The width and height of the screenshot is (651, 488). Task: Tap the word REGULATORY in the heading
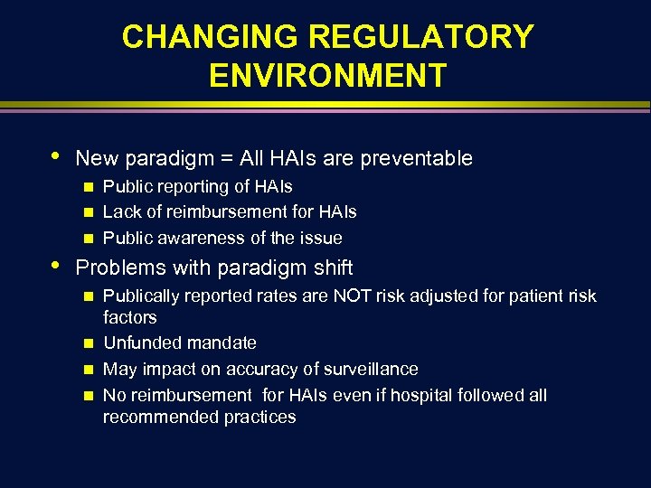(x=421, y=37)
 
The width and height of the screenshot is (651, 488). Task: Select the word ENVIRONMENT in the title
(x=327, y=76)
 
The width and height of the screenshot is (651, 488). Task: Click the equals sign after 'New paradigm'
(x=223, y=159)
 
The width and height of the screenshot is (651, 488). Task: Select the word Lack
(x=120, y=212)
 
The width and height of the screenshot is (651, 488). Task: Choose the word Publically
(x=145, y=296)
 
